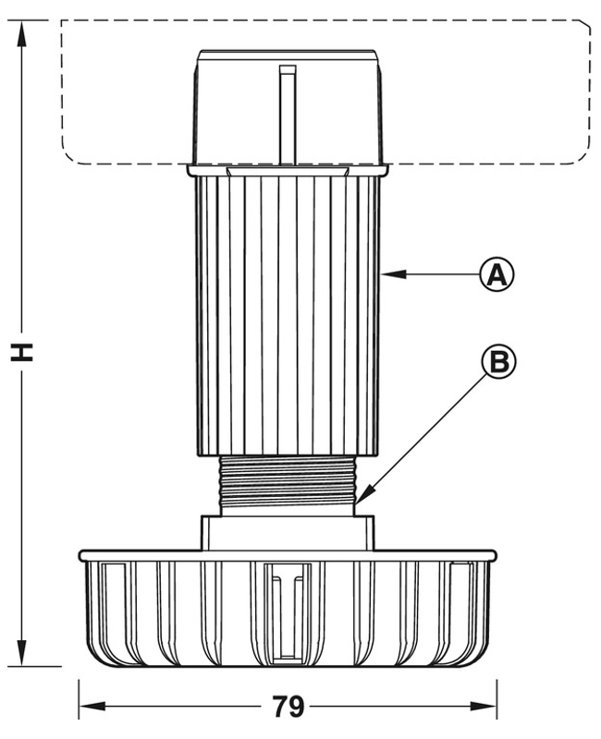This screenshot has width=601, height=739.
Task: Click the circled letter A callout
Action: click(x=497, y=273)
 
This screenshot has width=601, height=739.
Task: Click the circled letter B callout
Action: click(x=498, y=361)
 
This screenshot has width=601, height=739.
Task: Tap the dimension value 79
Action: click(x=288, y=706)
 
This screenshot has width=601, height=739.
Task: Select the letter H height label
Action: click(x=21, y=352)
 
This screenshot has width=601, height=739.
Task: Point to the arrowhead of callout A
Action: click(x=394, y=273)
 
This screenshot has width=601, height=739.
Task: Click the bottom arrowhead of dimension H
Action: click(x=21, y=653)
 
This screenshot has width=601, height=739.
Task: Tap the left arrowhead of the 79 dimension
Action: click(x=92, y=706)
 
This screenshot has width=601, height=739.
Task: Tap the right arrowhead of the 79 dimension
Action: click(x=484, y=706)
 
